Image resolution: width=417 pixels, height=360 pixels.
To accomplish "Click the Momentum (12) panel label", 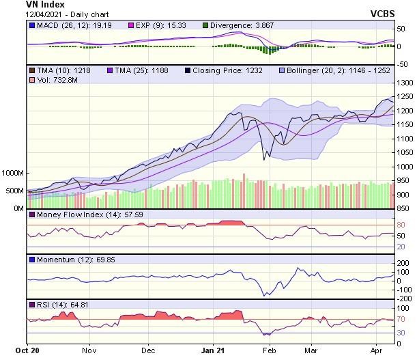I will (65, 260).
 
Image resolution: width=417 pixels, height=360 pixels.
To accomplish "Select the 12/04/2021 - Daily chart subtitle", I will (62, 14).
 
